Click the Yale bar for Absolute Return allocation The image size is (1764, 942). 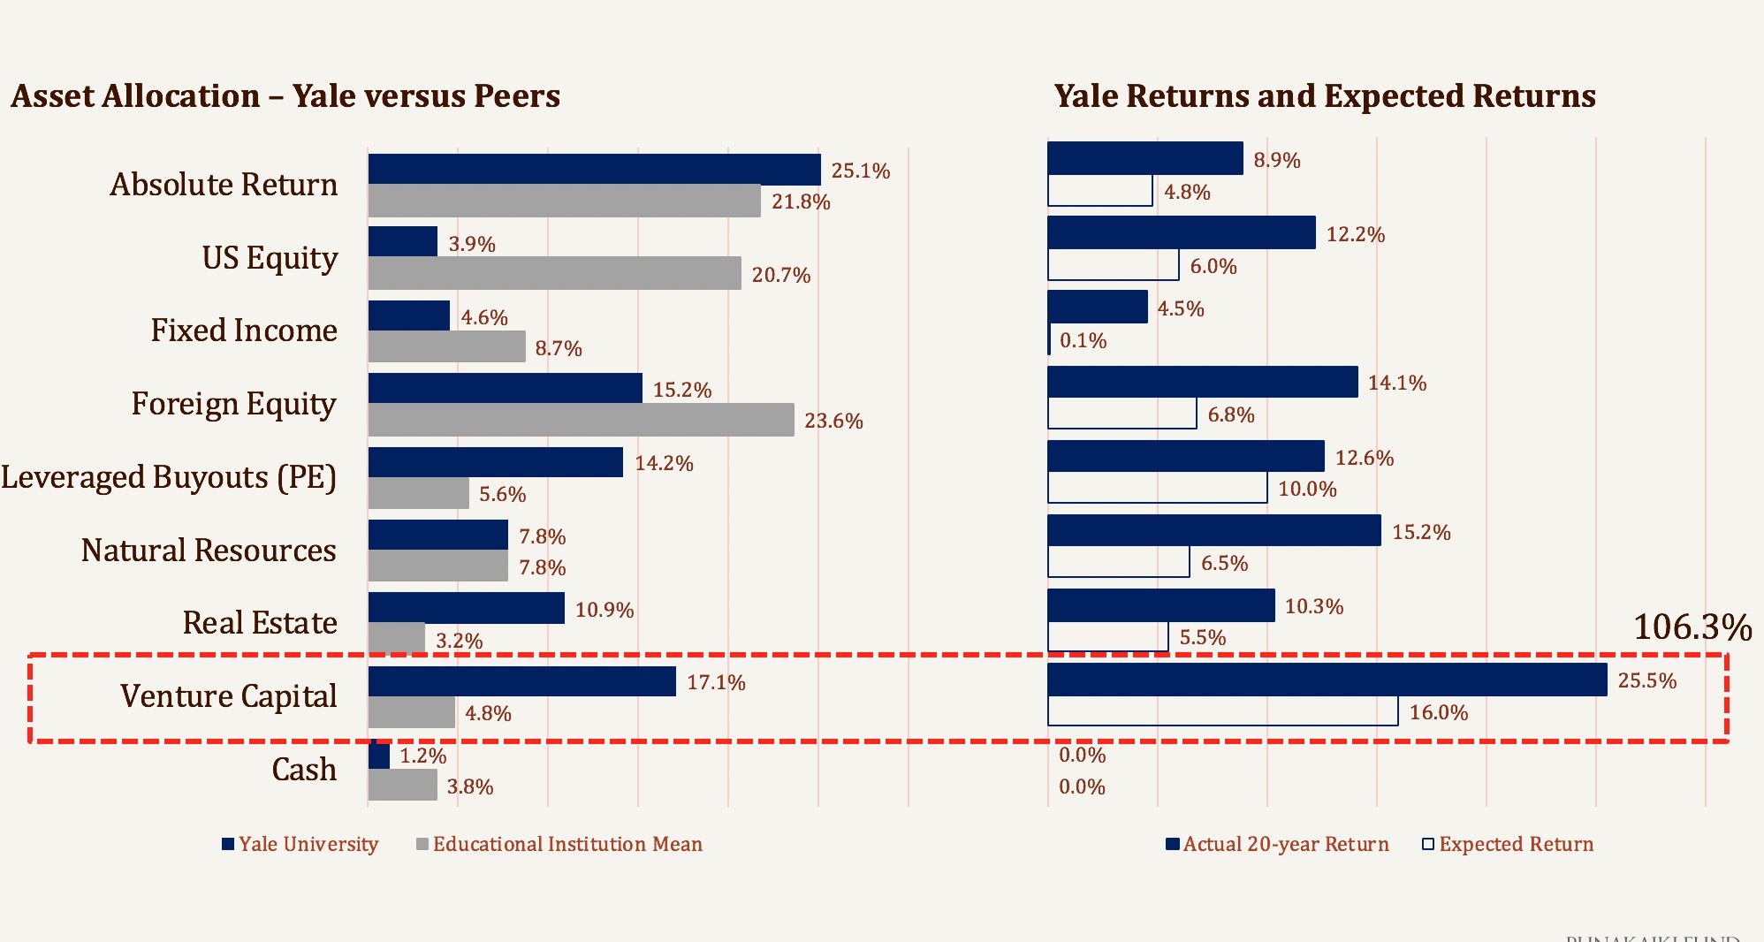point(594,169)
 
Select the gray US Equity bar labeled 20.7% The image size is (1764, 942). point(554,273)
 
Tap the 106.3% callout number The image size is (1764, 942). point(1692,627)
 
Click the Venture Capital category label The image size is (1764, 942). point(228,696)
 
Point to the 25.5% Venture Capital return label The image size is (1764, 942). point(1646,680)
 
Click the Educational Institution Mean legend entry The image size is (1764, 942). point(566,844)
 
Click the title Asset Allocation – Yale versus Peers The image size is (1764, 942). point(285,95)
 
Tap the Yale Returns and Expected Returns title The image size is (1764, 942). point(1325,95)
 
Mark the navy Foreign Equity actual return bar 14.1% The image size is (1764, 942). point(1202,382)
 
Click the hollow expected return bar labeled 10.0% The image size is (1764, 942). point(1157,488)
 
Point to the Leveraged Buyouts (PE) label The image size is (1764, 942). point(169,477)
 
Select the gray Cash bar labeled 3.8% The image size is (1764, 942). point(402,785)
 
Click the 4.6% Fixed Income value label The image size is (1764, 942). point(483,317)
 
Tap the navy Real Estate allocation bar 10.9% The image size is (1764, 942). point(466,608)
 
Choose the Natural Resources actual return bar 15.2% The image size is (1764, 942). point(1213,530)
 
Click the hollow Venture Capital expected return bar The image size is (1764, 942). point(1222,711)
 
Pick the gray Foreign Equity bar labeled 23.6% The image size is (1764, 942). point(581,420)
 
